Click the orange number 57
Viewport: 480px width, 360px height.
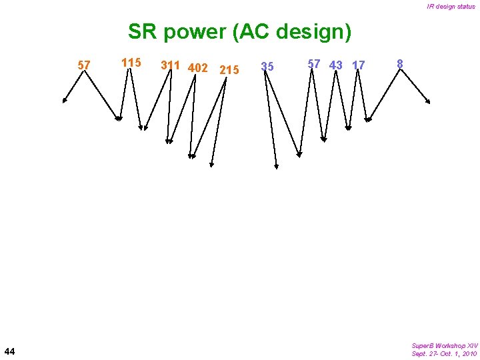(x=84, y=65)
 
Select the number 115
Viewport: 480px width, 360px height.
(x=131, y=63)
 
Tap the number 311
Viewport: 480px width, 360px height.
(x=171, y=65)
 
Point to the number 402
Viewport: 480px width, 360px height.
(x=198, y=68)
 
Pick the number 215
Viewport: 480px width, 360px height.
(x=229, y=70)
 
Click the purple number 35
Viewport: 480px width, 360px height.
(x=267, y=67)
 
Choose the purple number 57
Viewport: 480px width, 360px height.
(x=313, y=64)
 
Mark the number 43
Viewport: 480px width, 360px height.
(x=336, y=65)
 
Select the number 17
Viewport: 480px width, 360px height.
(x=359, y=65)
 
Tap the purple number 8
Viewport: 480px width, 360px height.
(x=400, y=64)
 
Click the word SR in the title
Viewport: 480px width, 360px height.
(x=141, y=31)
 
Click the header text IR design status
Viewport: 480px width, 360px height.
(x=451, y=7)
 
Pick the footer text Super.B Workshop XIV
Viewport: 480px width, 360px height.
(x=445, y=345)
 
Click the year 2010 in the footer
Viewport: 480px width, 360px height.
(x=467, y=353)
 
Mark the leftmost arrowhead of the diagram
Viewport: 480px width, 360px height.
(x=65, y=101)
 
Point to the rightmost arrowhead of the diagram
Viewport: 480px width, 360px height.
(x=428, y=101)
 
